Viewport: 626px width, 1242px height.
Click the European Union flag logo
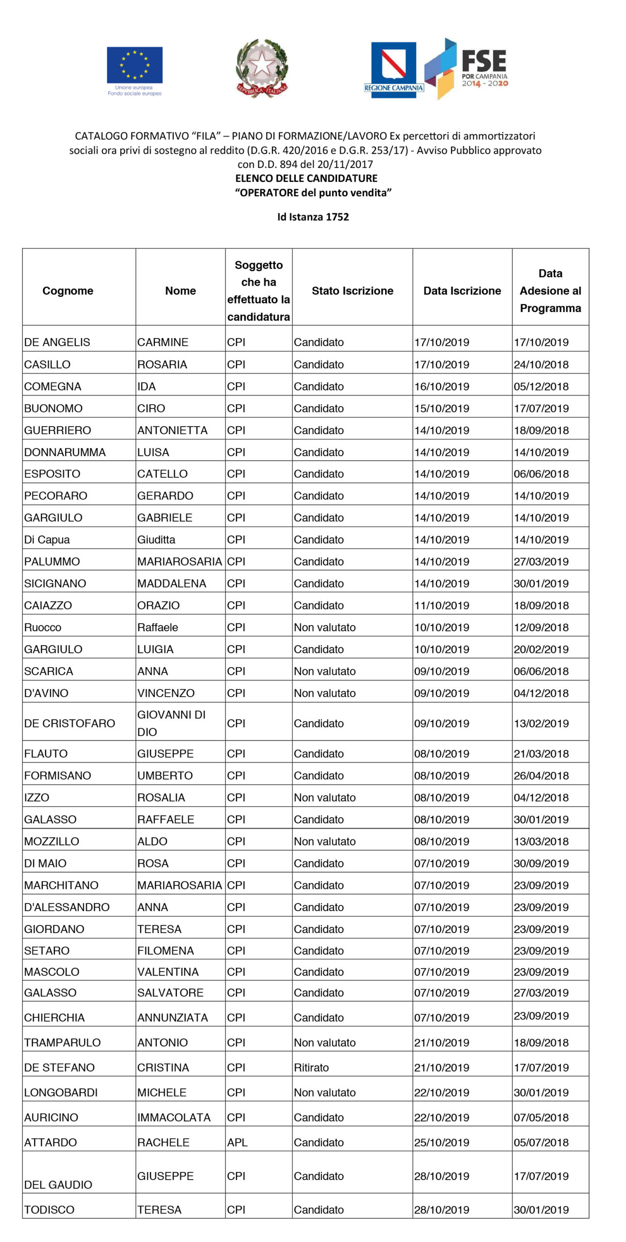point(135,65)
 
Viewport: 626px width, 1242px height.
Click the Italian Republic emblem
point(262,68)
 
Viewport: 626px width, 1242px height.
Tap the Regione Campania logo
point(393,69)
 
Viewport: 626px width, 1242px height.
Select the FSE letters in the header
point(484,61)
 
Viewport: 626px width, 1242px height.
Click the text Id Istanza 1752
point(313,217)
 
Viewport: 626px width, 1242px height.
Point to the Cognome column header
point(68,291)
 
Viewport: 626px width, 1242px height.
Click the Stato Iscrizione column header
point(352,291)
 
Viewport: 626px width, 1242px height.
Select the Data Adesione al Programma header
point(550,291)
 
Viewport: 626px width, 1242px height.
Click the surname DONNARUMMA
point(65,452)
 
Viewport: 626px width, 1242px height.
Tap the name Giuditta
point(156,539)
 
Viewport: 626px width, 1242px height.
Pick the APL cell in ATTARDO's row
point(237,1142)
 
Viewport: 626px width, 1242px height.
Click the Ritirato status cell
point(311,1067)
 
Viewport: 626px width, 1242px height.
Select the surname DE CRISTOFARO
point(69,723)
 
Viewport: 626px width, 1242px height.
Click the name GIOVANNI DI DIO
point(171,723)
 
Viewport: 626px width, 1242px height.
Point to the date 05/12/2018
point(541,387)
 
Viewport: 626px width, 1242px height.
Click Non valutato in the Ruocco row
point(324,627)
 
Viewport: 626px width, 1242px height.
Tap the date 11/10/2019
point(441,605)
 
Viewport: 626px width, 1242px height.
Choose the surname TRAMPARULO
point(62,1042)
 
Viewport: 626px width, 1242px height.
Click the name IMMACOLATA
point(173,1117)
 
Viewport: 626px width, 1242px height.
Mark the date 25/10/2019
point(441,1142)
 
